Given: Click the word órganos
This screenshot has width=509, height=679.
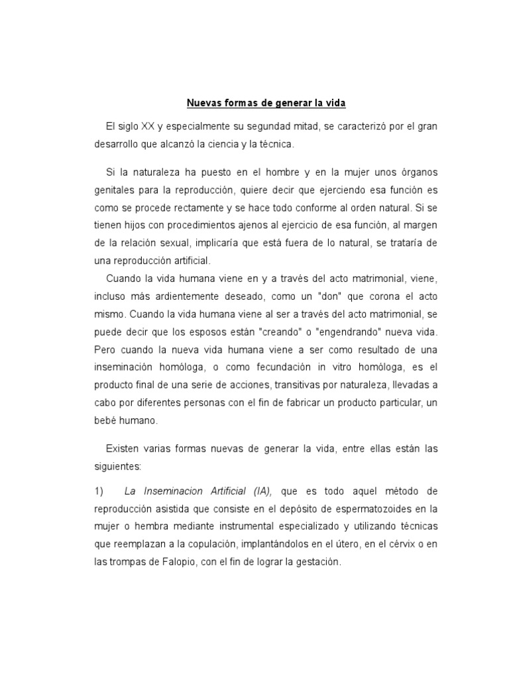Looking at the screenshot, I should [x=414, y=172].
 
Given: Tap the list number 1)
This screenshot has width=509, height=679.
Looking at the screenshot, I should [x=99, y=491].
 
